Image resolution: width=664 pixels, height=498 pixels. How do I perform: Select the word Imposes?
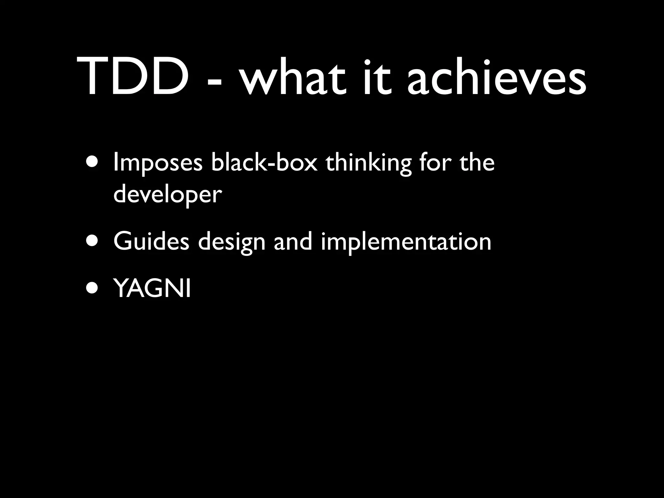[x=158, y=163]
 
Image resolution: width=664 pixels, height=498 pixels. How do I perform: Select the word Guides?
[x=151, y=241]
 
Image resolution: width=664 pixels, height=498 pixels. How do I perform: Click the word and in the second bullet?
[x=293, y=241]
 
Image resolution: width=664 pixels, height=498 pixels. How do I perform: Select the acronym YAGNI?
[x=152, y=289]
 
